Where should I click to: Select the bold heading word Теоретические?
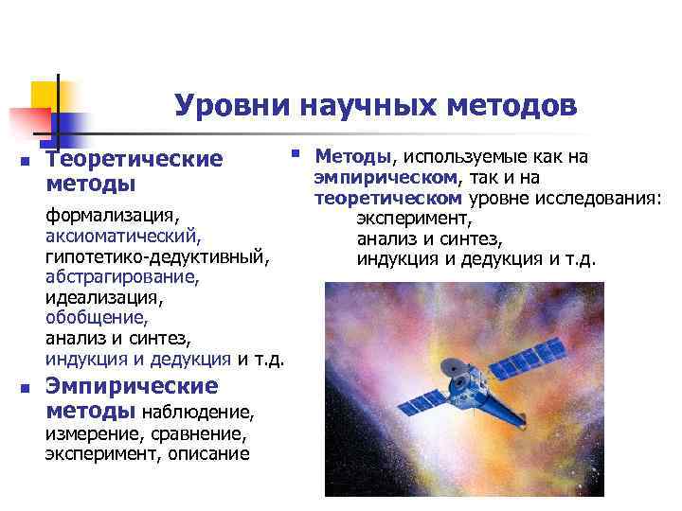point(134,159)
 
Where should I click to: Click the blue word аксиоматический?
point(122,232)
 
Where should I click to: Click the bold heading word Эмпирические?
point(132,386)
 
